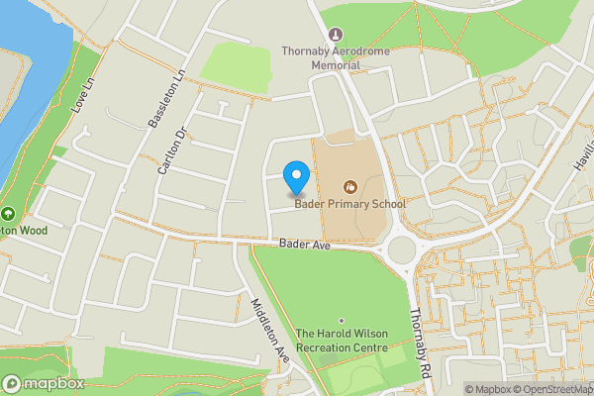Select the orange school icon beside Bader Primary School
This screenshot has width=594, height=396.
pyautogui.click(x=348, y=186)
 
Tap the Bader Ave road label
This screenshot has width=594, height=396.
pyautogui.click(x=304, y=244)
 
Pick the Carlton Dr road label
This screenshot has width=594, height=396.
pyautogui.click(x=171, y=151)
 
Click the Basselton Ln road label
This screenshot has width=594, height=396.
pyautogui.click(x=165, y=100)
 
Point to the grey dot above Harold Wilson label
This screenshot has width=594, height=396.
pyautogui.click(x=342, y=321)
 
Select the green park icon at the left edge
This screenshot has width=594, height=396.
pyautogui.click(x=8, y=214)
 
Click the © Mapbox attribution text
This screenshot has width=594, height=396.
pyautogui.click(x=488, y=389)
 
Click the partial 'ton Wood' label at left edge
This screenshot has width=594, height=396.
pyautogui.click(x=30, y=230)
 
